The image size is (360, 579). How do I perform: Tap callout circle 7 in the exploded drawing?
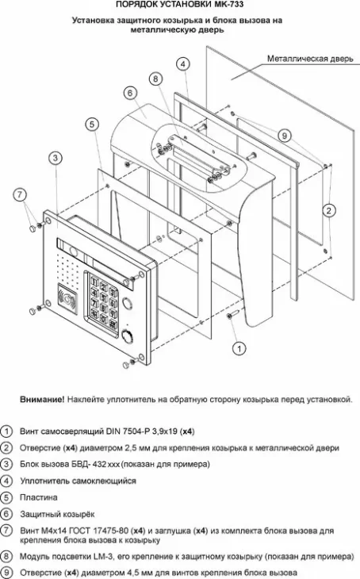[x=20, y=193]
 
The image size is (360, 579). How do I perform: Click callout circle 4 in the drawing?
[x=183, y=63]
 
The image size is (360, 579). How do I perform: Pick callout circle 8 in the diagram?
[x=155, y=79]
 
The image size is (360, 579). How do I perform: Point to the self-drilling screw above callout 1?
[x=231, y=318]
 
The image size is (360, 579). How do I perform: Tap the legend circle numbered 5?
[x=6, y=497]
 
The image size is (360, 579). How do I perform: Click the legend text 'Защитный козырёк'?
[x=56, y=514]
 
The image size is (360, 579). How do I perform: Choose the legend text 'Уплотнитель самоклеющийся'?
[x=78, y=481]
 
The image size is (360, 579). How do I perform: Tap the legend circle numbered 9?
[x=6, y=571]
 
